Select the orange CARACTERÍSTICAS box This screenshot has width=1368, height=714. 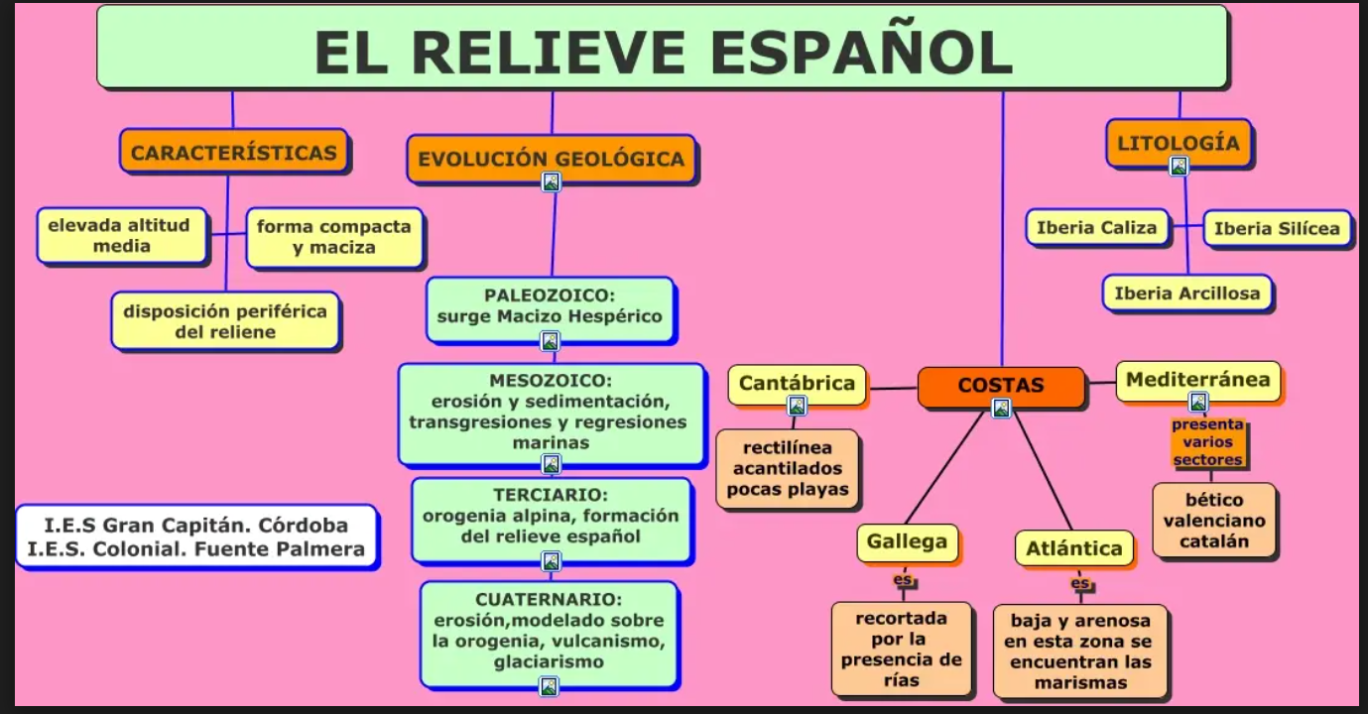tap(234, 153)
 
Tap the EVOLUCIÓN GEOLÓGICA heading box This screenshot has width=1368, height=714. tap(551, 159)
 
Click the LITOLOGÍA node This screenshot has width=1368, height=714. tap(1178, 143)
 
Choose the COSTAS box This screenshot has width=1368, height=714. tap(1000, 385)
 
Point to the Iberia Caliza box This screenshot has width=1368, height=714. tap(1096, 228)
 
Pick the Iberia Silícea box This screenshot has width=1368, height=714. tap(1277, 229)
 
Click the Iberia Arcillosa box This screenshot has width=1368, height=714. tap(1186, 294)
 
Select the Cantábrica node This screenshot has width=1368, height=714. tap(797, 383)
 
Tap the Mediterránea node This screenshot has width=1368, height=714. tap(1197, 380)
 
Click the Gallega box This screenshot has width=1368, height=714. tap(907, 542)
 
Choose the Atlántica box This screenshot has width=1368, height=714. tap(1073, 548)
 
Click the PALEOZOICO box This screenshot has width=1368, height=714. tap(550, 306)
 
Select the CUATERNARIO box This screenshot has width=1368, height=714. tap(549, 630)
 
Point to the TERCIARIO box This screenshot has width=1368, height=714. tap(551, 516)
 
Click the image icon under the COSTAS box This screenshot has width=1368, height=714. tap(1001, 408)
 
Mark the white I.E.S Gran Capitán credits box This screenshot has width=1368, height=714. tap(196, 536)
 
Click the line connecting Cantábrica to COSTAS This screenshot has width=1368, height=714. tap(892, 388)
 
